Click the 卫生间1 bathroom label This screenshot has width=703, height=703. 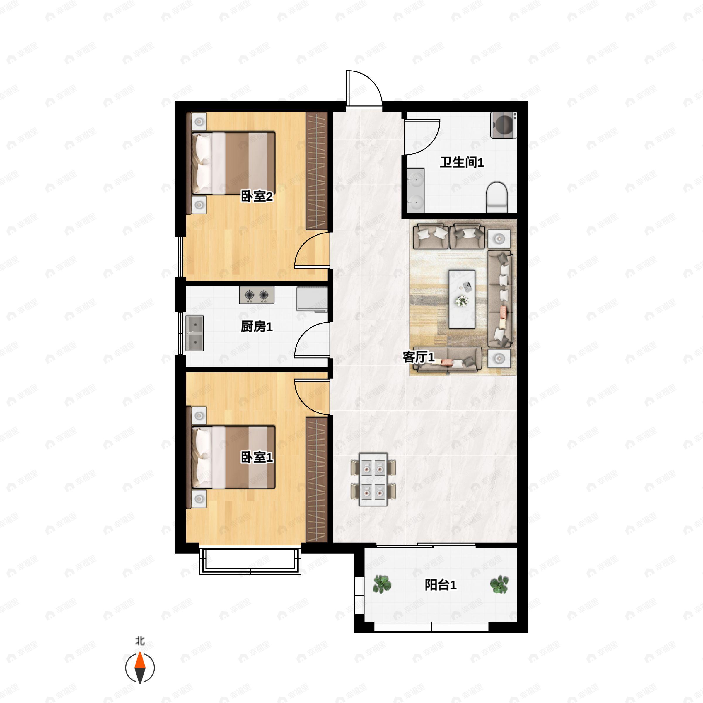coord(462,162)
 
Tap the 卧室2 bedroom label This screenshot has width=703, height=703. coord(257,197)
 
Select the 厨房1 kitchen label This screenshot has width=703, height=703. coord(257,326)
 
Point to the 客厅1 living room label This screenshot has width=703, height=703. coord(419,357)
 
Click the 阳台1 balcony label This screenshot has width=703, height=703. coord(441,585)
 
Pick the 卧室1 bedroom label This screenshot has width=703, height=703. coord(257,457)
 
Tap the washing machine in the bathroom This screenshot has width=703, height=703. coord(503,125)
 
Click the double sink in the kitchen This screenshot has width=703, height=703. coord(194,333)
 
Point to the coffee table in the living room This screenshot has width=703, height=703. coord(462,299)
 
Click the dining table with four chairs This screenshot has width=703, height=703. coord(373,479)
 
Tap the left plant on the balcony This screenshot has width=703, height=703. coord(382,584)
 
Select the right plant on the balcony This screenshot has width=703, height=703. coord(499,584)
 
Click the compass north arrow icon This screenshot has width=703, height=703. coord(140,668)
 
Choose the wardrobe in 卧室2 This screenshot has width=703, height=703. coord(317,171)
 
